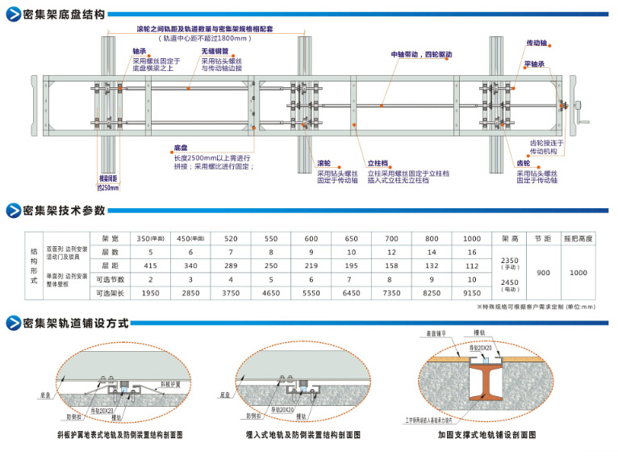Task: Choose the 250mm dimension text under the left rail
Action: [107, 187]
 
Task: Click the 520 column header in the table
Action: [231, 239]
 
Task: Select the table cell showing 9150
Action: [472, 292]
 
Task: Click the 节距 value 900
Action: [543, 273]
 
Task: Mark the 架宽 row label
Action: [110, 239]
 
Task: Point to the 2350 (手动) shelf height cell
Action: [510, 263]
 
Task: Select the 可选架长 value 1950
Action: [150, 292]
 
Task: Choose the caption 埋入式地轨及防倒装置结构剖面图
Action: [303, 434]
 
